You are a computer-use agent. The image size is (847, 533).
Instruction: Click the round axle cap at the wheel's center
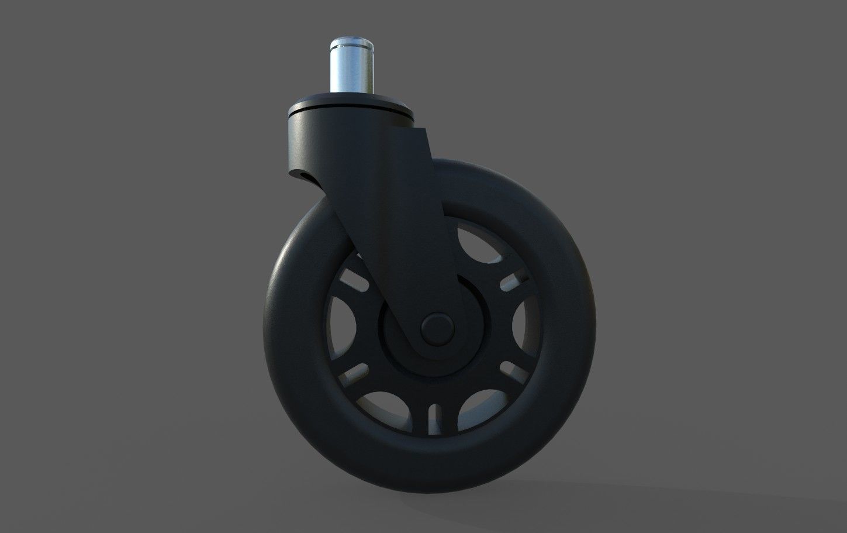click(x=438, y=327)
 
